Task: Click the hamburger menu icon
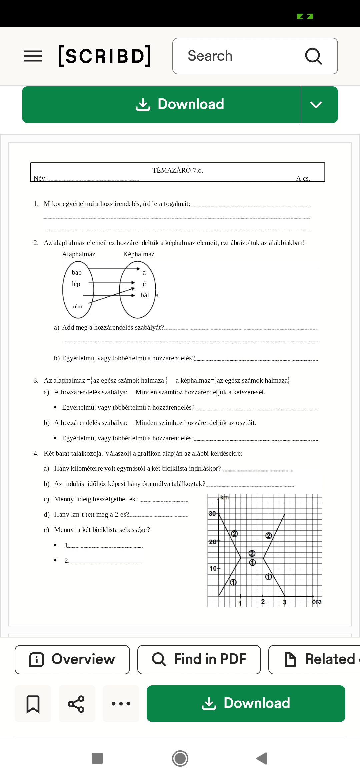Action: click(33, 56)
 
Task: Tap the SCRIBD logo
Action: click(105, 56)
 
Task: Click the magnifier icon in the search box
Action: click(313, 56)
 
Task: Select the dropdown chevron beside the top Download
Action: click(316, 105)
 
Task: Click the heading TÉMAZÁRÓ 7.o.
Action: click(178, 170)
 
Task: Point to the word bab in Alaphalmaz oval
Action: click(77, 272)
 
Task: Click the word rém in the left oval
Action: click(77, 306)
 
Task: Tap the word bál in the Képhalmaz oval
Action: click(145, 295)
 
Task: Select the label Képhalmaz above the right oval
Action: click(139, 254)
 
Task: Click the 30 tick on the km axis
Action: click(213, 513)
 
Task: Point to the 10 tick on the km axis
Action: click(213, 568)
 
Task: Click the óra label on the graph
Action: click(317, 601)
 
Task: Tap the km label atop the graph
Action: click(225, 497)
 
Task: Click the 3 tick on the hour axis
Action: click(284, 602)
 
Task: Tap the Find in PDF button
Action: click(199, 659)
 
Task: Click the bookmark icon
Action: click(33, 704)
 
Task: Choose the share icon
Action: click(77, 704)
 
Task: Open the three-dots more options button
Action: click(121, 704)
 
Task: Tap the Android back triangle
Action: click(262, 758)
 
